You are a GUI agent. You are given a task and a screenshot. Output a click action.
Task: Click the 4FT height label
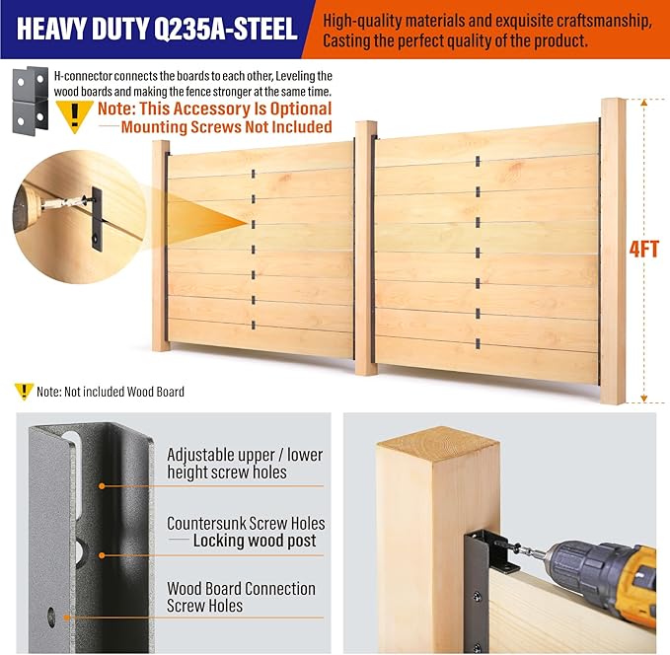[x=644, y=250]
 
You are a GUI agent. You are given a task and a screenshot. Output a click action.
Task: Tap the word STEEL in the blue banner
[x=263, y=29]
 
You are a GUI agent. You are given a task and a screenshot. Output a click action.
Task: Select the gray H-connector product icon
[x=30, y=101]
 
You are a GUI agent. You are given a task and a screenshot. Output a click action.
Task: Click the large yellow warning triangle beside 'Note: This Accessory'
[x=75, y=115]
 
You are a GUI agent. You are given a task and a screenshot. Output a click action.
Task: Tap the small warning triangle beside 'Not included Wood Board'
[x=24, y=391]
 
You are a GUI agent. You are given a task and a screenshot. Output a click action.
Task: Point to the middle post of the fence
[x=366, y=248]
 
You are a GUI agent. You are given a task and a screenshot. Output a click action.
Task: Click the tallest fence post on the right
[x=613, y=252]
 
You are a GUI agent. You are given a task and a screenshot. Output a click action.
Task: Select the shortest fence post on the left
[x=161, y=246]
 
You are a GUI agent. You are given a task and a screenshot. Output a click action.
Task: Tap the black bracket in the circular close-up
[x=97, y=220]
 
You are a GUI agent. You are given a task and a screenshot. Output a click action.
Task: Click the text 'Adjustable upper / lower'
[x=245, y=455]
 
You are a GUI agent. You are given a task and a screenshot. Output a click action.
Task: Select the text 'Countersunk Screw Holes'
[x=246, y=524]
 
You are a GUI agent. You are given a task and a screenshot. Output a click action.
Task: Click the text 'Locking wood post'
[x=255, y=541]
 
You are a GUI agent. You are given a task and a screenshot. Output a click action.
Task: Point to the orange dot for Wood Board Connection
[x=67, y=618]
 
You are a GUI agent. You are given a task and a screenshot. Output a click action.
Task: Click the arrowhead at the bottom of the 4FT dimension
[x=644, y=399]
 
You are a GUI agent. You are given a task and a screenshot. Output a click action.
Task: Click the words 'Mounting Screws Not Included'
[x=227, y=127]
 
